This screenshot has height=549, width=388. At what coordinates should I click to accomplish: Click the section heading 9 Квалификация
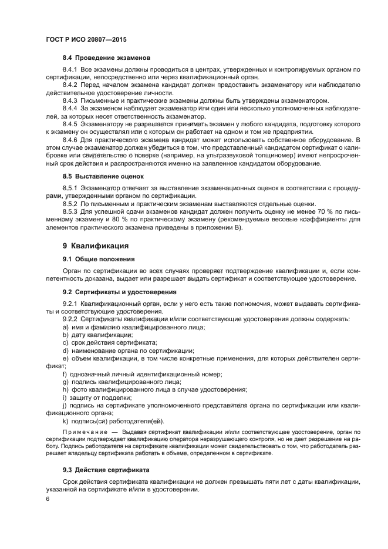tap(96, 245)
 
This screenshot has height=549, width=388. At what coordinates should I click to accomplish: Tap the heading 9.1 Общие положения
tap(99, 258)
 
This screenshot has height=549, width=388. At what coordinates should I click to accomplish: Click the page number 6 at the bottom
tap(48, 499)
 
